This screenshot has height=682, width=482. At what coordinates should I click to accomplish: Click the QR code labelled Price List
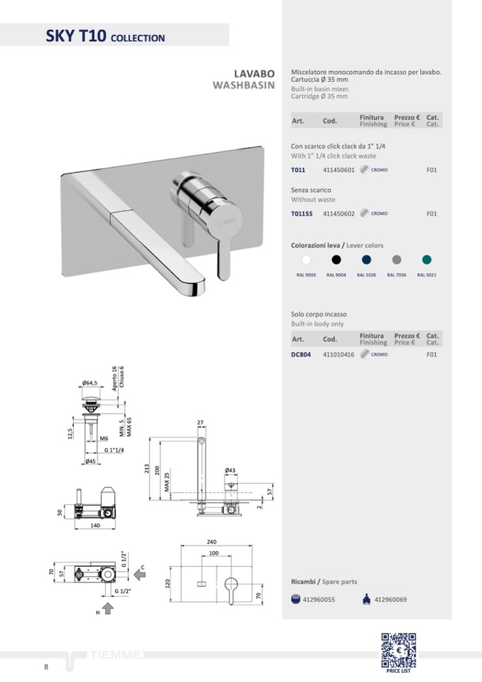point(398,650)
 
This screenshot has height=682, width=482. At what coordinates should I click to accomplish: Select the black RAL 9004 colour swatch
point(336,260)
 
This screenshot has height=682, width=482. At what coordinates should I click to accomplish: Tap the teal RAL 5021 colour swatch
point(427,260)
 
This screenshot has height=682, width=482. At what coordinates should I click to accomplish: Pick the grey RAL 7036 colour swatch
point(397,260)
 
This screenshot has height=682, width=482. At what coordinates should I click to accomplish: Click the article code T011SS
point(301,213)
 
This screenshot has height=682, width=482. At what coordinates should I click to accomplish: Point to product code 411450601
point(338,170)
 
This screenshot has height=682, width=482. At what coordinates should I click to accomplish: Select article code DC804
point(301,354)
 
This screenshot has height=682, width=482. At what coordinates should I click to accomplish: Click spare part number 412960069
point(390,600)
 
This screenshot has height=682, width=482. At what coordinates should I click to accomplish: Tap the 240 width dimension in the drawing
point(211,542)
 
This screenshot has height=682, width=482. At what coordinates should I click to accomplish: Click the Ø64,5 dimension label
point(90,383)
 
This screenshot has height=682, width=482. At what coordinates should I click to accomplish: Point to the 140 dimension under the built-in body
point(95,526)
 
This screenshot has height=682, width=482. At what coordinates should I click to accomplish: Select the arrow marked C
point(139,575)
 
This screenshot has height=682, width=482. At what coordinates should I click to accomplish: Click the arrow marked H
point(108,608)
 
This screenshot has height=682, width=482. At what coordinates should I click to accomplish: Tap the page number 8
point(46,667)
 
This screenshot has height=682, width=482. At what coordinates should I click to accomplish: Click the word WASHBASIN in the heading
point(243,85)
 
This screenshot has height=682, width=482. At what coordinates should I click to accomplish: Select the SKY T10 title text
point(75,36)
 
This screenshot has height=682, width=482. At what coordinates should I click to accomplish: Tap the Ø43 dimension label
point(230,470)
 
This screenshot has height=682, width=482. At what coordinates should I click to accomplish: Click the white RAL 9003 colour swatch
point(306,260)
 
